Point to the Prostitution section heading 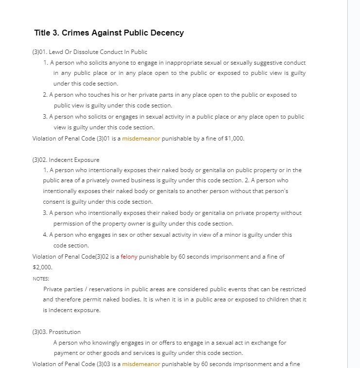pos(65,332)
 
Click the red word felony pos(129,257)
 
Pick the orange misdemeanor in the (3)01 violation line pos(141,139)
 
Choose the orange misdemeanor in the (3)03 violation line pos(141,364)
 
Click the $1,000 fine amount pos(234,139)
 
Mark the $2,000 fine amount pos(42,267)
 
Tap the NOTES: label pos(41,279)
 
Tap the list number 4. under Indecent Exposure pos(45,235)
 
